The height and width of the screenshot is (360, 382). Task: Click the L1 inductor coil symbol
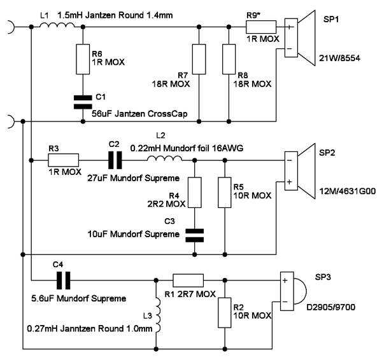(x=57, y=25)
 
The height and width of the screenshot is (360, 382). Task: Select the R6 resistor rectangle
(x=83, y=59)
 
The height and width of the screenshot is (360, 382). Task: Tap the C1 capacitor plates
(x=83, y=102)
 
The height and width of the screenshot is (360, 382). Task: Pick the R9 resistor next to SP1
(x=261, y=27)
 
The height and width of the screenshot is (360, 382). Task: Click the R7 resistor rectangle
(x=199, y=59)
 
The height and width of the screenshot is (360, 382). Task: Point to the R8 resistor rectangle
(x=229, y=59)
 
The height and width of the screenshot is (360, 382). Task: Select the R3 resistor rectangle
(x=63, y=160)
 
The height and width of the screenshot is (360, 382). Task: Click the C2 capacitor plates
(x=115, y=160)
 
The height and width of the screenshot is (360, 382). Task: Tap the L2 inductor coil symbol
(x=164, y=158)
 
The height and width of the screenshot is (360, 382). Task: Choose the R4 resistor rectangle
(x=195, y=193)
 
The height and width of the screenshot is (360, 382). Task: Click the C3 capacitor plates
(x=195, y=235)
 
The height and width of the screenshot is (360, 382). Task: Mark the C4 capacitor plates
(x=63, y=280)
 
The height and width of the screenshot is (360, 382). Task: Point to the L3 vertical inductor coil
(x=158, y=314)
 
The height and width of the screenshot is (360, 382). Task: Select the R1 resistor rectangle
(x=188, y=280)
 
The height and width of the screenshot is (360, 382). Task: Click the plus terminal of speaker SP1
(x=290, y=27)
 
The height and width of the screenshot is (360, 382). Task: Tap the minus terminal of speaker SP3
(x=285, y=302)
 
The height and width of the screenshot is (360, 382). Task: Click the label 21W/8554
(x=339, y=58)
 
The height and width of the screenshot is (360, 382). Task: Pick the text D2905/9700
(x=330, y=307)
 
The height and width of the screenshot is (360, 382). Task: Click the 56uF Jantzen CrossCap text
(x=139, y=114)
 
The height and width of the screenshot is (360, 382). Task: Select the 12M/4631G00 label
(x=348, y=191)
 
